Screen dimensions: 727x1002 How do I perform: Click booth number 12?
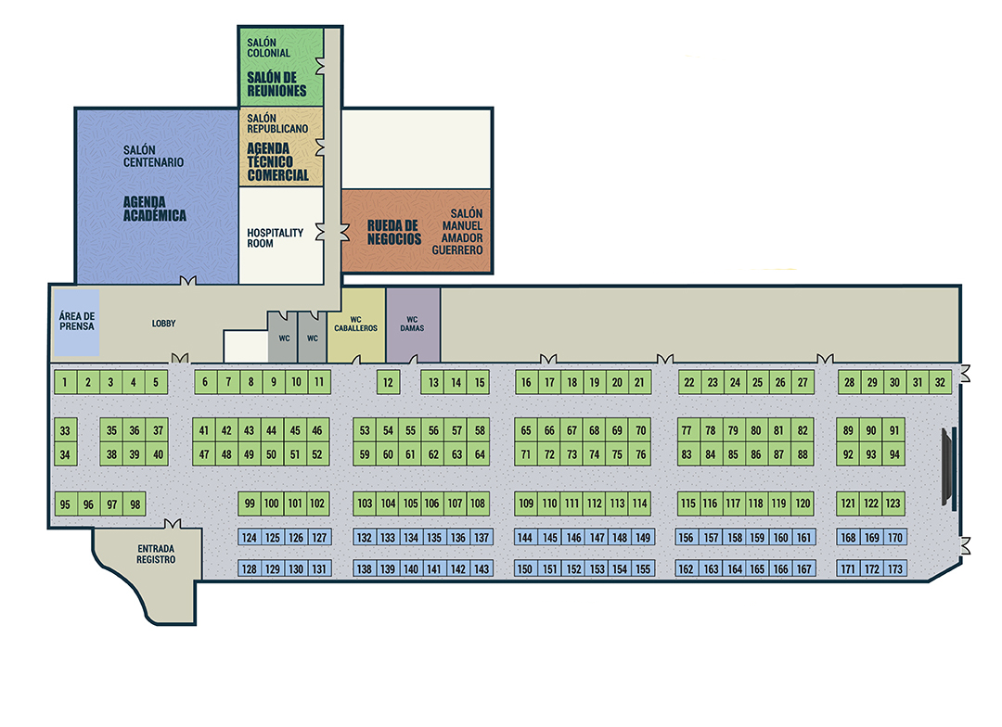[x=389, y=382]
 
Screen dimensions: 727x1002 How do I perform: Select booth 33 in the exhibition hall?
[x=65, y=430]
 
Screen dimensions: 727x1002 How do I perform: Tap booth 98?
[x=135, y=504]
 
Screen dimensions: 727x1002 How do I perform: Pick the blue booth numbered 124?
[x=250, y=538]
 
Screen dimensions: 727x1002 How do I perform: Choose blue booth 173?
[x=895, y=568]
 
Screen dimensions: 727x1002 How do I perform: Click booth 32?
[x=941, y=382]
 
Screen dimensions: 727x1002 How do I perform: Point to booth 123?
[x=893, y=504]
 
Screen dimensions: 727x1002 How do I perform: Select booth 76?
[x=640, y=454]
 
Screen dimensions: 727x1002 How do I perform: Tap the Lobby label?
[x=164, y=324]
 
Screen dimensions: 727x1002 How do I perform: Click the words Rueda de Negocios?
[x=393, y=232]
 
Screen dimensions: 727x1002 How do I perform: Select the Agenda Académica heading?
[x=155, y=209]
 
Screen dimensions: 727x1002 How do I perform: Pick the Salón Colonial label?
[x=269, y=47]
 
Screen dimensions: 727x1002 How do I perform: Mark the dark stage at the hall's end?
[x=948, y=466]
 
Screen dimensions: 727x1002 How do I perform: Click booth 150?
[x=526, y=568]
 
